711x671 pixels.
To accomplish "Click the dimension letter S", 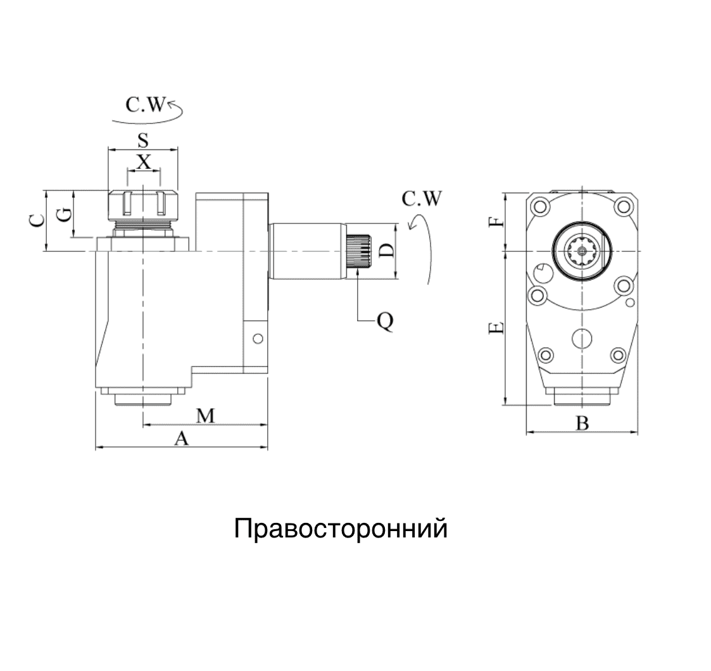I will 143,140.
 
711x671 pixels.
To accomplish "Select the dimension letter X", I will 144,162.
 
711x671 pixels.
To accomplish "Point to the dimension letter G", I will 63,215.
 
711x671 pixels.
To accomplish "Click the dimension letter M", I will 205,416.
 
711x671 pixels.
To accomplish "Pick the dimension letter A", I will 182,439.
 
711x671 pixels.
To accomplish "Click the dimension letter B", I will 582,423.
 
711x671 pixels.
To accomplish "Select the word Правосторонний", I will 341,528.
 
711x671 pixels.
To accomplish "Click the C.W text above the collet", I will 144,104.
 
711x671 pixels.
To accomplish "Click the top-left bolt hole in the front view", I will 539,207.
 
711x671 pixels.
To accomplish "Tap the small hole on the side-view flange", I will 257,339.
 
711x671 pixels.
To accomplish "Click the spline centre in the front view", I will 581,251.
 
